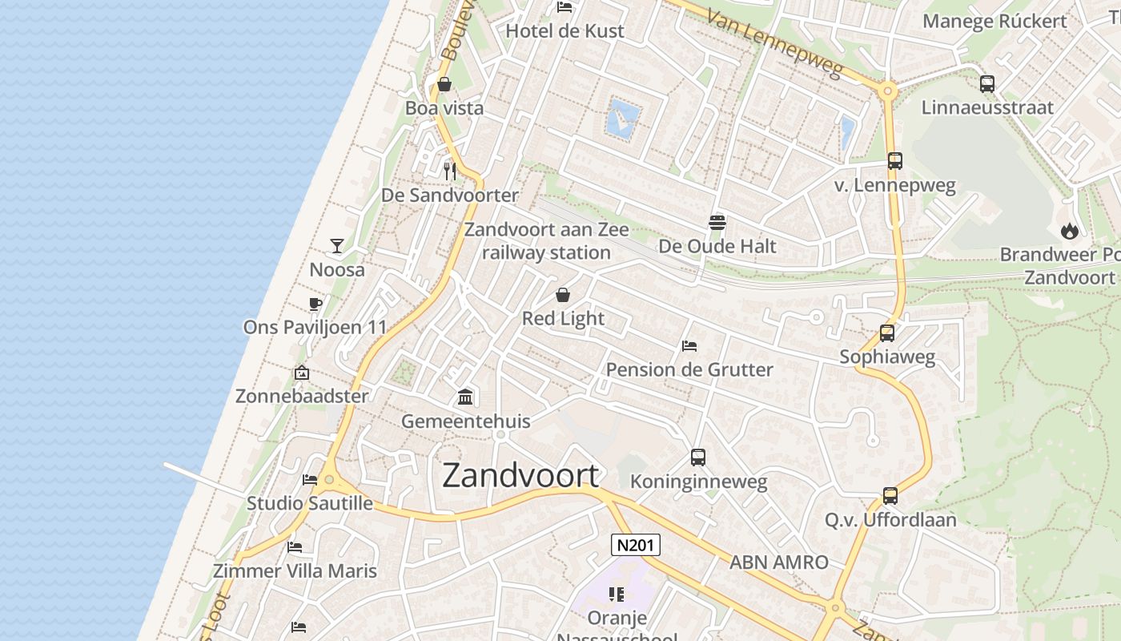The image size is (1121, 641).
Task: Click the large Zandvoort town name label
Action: click(x=520, y=476)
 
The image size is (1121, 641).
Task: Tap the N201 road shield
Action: click(x=637, y=546)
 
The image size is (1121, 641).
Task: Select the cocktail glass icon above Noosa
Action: click(x=337, y=245)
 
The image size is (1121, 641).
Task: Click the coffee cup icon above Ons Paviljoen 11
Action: click(x=315, y=304)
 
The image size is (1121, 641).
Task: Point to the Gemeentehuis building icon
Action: click(x=464, y=397)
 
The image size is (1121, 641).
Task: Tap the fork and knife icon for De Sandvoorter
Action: click(x=450, y=171)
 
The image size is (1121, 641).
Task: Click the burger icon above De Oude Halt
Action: click(x=717, y=222)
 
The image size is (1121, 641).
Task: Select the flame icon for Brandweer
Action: click(x=1069, y=231)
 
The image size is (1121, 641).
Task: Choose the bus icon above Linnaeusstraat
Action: click(x=986, y=83)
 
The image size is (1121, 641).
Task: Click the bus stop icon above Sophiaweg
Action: click(x=886, y=333)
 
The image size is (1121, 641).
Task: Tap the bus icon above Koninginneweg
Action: click(x=698, y=458)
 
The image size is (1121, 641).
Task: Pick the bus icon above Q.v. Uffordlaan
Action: click(x=890, y=496)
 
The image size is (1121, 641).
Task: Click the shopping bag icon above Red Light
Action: click(x=563, y=295)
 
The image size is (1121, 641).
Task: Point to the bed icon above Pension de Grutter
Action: click(x=689, y=346)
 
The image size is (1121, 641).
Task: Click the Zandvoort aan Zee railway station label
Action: click(x=547, y=241)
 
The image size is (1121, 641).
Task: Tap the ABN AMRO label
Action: click(x=778, y=562)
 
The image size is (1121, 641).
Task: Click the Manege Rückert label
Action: click(x=994, y=21)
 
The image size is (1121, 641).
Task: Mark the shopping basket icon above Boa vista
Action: click(x=444, y=84)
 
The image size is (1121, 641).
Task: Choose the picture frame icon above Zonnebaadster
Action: click(x=302, y=373)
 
